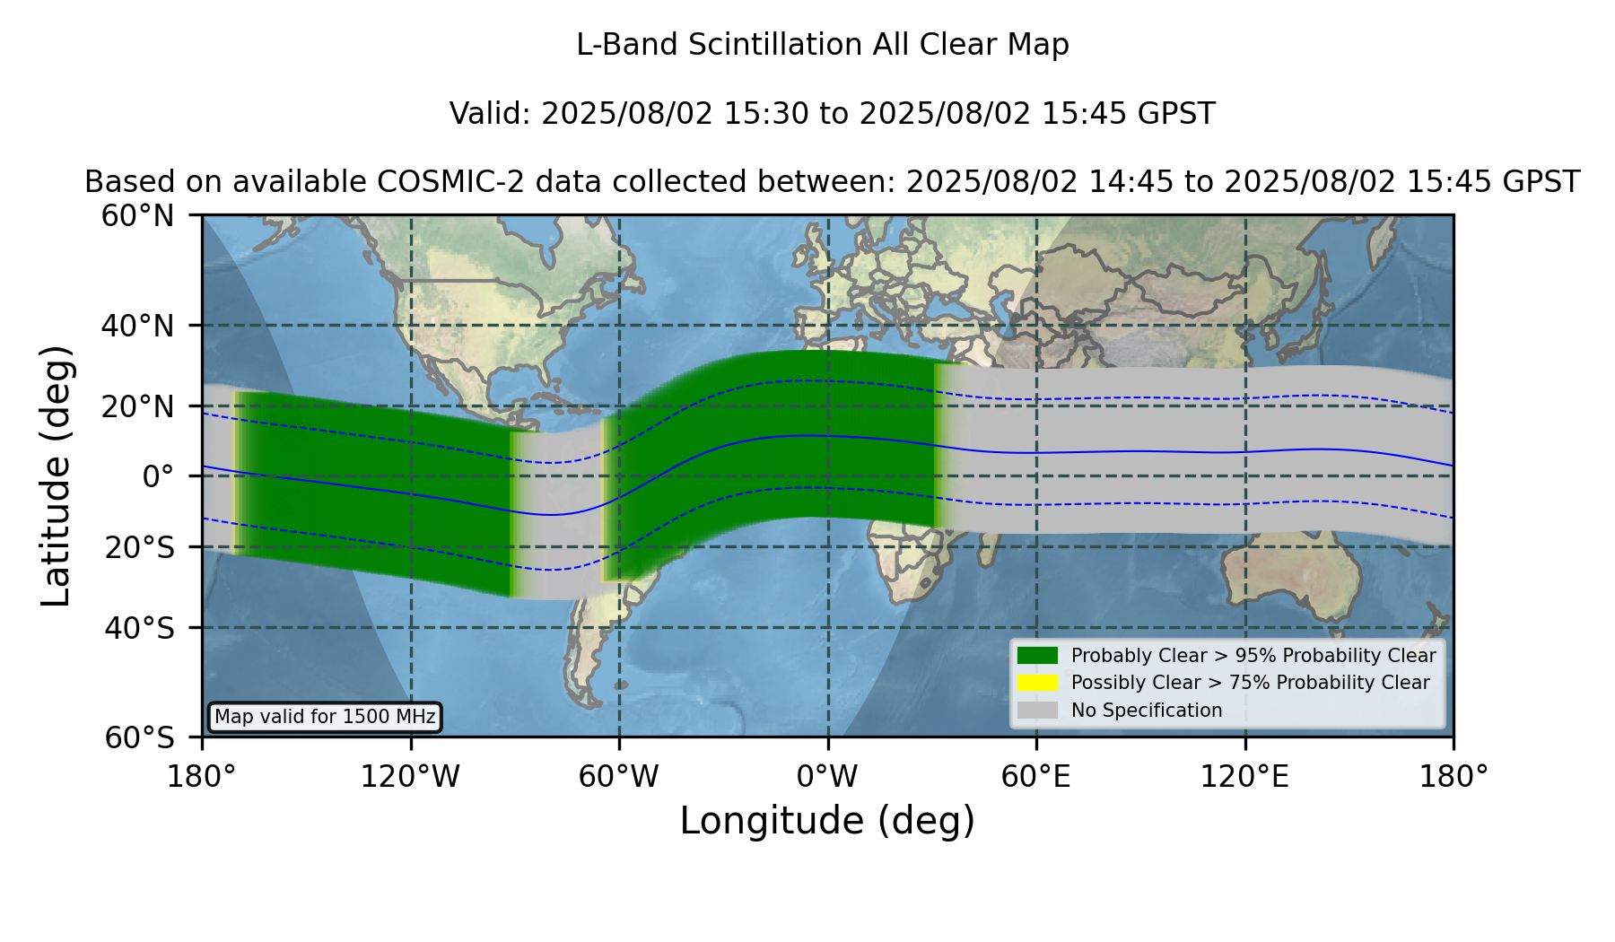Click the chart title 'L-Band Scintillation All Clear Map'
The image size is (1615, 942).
coord(822,45)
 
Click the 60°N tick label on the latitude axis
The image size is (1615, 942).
coord(137,215)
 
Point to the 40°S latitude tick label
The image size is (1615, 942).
coord(139,628)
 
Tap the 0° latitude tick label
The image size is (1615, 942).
coord(158,476)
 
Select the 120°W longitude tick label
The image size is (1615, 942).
coord(410,776)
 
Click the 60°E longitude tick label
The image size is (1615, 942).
coord(1036,776)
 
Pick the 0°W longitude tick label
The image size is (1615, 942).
coord(827,776)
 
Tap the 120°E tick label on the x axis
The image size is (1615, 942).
coord(1244,776)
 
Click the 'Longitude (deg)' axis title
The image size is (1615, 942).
coord(827,821)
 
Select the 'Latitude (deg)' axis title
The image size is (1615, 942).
coord(56,475)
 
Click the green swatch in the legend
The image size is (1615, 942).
coord(1037,655)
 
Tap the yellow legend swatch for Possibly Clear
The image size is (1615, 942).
coord(1037,683)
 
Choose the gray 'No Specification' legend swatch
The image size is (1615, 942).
coord(1037,711)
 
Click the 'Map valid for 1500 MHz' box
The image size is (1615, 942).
coord(325,717)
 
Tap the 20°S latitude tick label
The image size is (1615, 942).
coord(139,547)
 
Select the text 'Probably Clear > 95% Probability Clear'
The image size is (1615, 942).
coord(1253,656)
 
